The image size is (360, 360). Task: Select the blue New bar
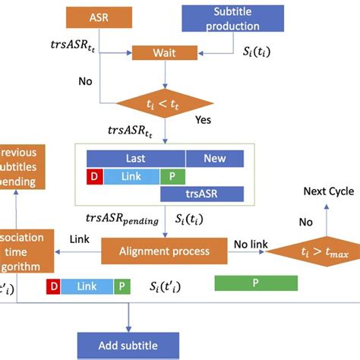[214, 158]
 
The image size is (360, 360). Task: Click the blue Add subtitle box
[128, 345]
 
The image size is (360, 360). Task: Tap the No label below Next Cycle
[305, 223]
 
